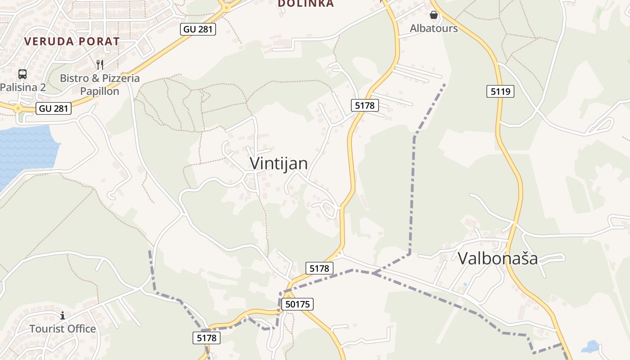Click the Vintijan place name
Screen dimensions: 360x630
(279, 163)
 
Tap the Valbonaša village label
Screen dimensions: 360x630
(498, 258)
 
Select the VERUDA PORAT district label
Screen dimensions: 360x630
(72, 41)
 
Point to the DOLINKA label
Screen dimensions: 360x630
(306, 4)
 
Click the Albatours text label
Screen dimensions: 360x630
(433, 28)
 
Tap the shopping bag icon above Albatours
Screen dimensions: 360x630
(433, 15)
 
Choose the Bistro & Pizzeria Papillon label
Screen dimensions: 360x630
(99, 85)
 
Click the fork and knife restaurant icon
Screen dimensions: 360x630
(100, 65)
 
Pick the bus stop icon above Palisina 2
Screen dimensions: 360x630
(22, 74)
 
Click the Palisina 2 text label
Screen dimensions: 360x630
(22, 87)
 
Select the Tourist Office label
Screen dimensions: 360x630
(63, 329)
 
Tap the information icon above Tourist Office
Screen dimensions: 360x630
(63, 316)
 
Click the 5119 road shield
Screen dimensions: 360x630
(500, 92)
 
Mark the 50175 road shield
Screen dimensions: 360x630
(297, 304)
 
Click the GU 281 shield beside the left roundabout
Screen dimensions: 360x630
(54, 108)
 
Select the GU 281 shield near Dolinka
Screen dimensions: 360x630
(198, 30)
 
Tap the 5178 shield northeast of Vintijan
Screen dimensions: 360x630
(364, 106)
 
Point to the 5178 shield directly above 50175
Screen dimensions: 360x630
(319, 269)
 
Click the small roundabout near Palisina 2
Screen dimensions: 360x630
(18, 108)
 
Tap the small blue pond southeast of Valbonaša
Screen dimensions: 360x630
(590, 347)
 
